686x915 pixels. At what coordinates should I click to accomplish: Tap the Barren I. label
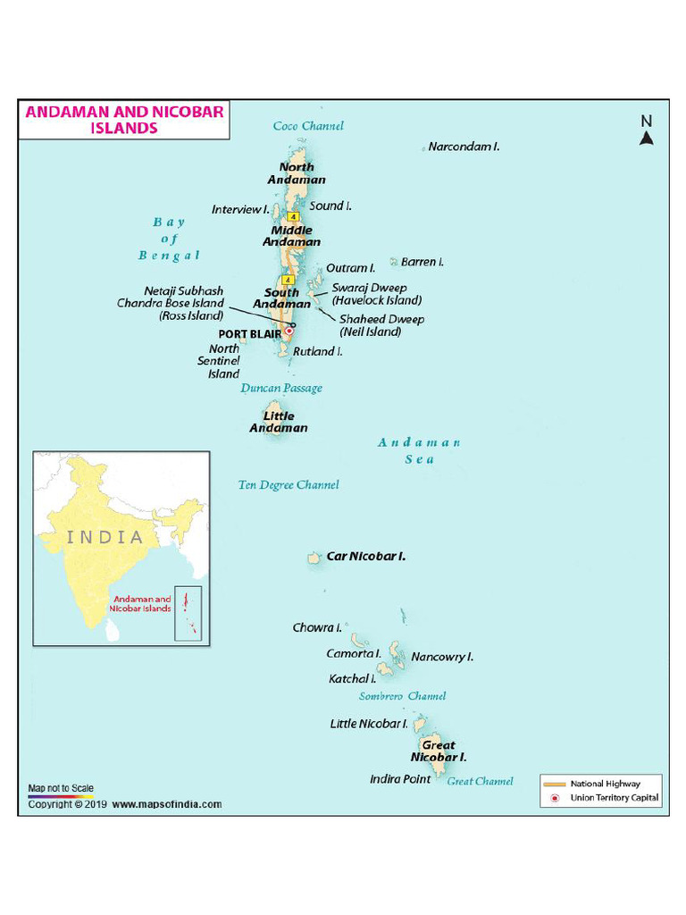[x=422, y=262]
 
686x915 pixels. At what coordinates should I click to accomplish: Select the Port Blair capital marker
[x=289, y=330]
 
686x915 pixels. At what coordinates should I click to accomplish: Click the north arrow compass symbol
[x=647, y=130]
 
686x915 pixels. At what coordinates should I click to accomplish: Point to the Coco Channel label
[x=308, y=126]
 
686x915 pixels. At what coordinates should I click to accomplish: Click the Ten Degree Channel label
[x=289, y=485]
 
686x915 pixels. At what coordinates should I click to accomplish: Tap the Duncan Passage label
[x=281, y=389]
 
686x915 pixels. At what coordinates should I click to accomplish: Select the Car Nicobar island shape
[x=314, y=558]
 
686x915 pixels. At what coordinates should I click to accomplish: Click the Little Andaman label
[x=279, y=422]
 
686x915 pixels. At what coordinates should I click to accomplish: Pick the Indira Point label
[x=400, y=779]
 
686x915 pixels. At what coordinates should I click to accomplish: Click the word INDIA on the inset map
[x=105, y=538]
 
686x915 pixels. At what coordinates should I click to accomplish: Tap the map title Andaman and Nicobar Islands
[x=124, y=120]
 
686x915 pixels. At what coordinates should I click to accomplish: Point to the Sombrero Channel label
[x=402, y=696]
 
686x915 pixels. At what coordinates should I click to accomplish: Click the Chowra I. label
[x=317, y=628]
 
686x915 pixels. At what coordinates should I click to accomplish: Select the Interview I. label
[x=240, y=210]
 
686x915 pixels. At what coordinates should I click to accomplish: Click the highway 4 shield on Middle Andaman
[x=293, y=216]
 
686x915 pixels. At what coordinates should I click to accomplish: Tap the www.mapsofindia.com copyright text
[x=167, y=804]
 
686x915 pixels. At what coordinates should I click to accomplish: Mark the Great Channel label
[x=480, y=781]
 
